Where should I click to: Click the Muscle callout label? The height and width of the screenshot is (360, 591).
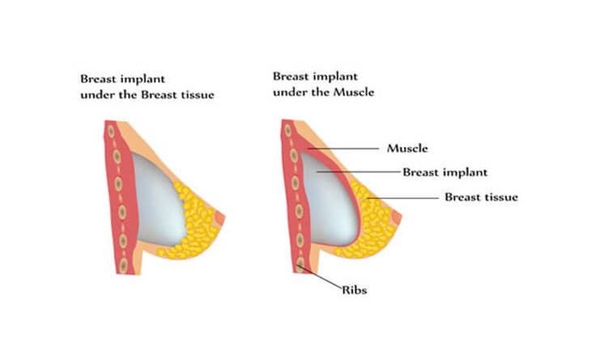click(x=407, y=148)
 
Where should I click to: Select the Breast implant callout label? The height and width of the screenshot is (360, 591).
click(x=445, y=172)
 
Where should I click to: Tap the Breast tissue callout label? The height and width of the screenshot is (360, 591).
click(x=482, y=197)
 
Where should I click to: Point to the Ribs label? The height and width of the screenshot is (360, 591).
click(x=355, y=290)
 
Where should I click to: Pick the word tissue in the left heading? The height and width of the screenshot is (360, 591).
click(x=197, y=95)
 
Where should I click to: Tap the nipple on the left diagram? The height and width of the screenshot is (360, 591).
click(x=219, y=218)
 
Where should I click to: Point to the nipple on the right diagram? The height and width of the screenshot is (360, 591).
click(x=396, y=218)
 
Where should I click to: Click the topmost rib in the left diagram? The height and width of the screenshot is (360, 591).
click(x=111, y=131)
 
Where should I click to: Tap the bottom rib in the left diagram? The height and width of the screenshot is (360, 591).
click(x=123, y=265)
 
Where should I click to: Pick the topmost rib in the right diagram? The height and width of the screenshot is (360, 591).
click(x=288, y=130)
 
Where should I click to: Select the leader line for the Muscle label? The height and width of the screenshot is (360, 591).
click(x=343, y=149)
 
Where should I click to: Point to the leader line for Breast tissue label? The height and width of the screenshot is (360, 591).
click(x=403, y=197)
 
